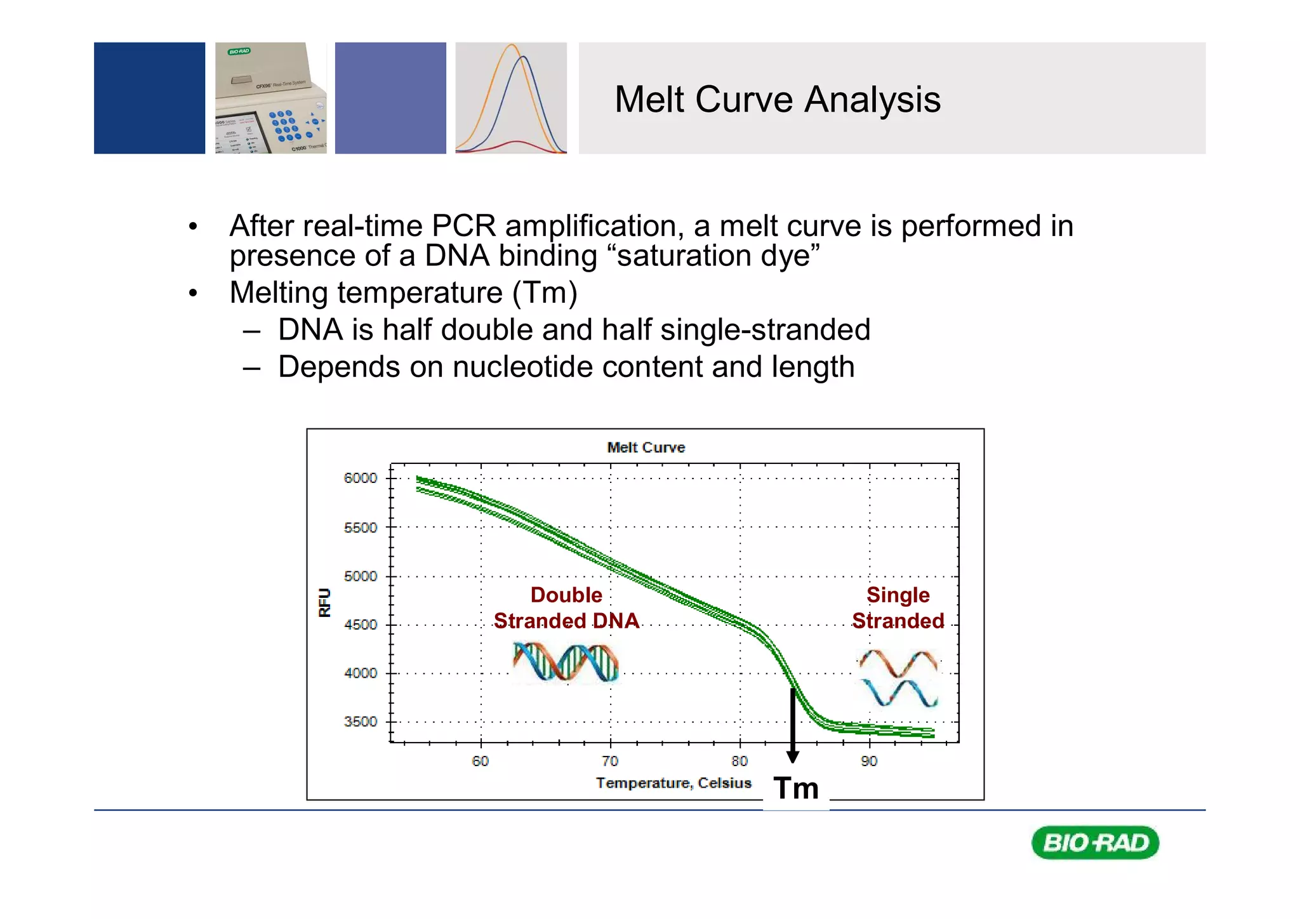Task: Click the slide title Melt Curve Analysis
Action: (x=777, y=100)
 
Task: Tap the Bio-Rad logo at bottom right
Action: (x=1095, y=843)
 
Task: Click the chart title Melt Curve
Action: (x=646, y=447)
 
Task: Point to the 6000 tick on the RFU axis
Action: (x=360, y=478)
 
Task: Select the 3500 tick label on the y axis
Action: (x=360, y=722)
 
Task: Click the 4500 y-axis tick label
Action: (x=360, y=625)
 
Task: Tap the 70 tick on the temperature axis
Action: (x=610, y=761)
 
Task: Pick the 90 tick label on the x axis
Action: (x=869, y=761)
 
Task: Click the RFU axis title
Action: (x=324, y=602)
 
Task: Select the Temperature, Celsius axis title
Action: (x=673, y=783)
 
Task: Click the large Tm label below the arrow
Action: (x=796, y=789)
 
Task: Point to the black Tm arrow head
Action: (x=793, y=757)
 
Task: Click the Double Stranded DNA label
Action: (x=566, y=608)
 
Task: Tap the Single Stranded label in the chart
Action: (x=898, y=608)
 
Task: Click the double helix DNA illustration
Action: (x=565, y=662)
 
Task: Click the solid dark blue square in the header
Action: (x=149, y=98)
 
